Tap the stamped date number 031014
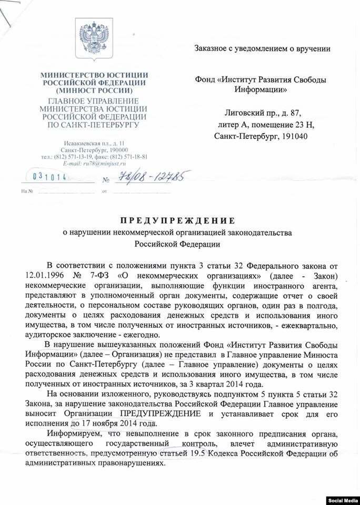pyautogui.click(x=51, y=177)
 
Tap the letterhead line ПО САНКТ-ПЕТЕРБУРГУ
pyautogui.click(x=94, y=125)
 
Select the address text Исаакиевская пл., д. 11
pyautogui.click(x=94, y=143)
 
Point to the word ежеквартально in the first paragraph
pyautogui.click(x=311, y=326)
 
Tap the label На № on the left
pyautogui.click(x=27, y=191)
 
